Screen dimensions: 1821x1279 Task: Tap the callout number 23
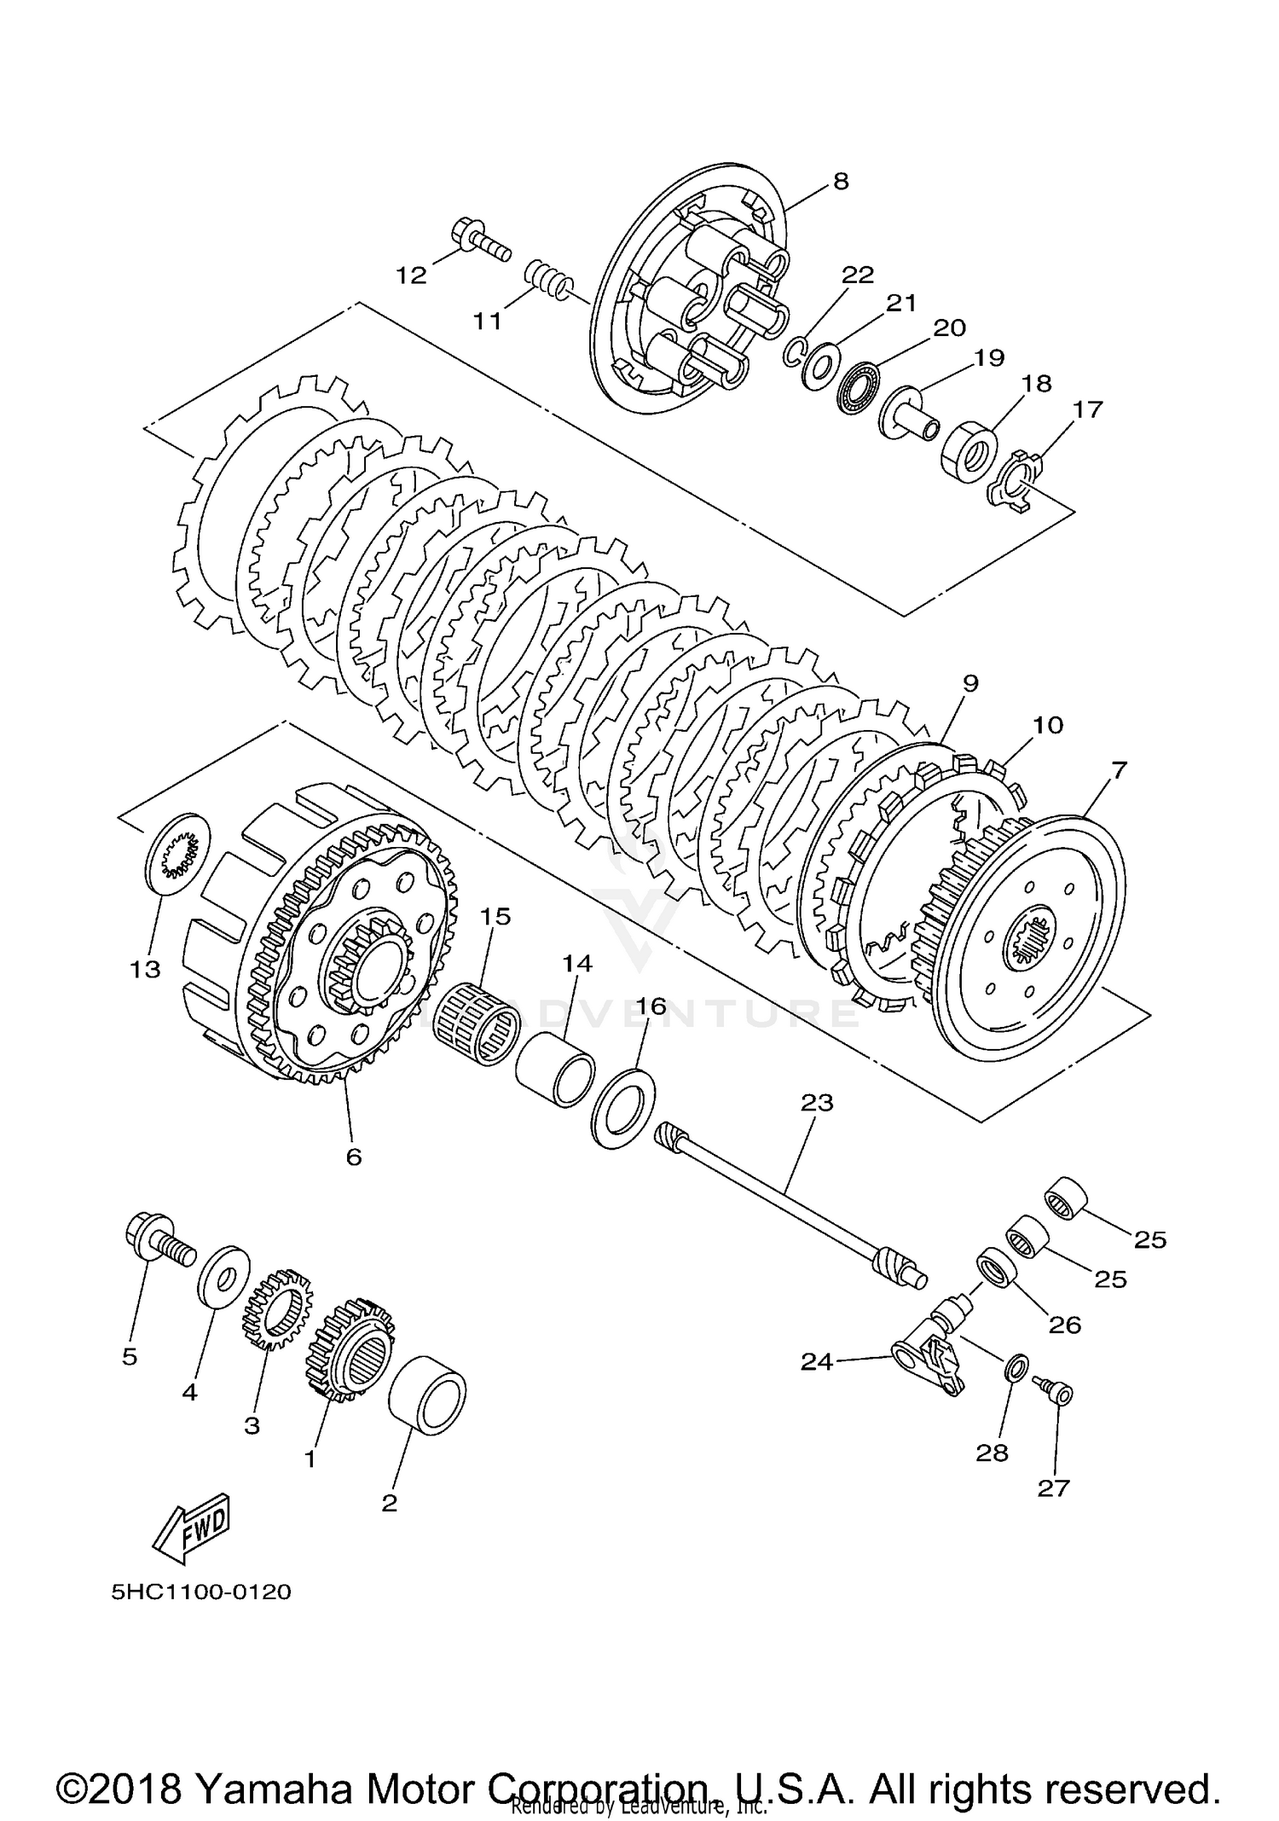(x=816, y=1103)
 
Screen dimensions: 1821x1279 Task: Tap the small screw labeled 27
(x=1055, y=1393)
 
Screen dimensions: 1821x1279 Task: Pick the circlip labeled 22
(x=793, y=351)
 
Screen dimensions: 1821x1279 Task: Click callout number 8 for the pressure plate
(x=841, y=182)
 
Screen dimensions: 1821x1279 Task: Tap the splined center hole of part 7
(x=1032, y=939)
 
